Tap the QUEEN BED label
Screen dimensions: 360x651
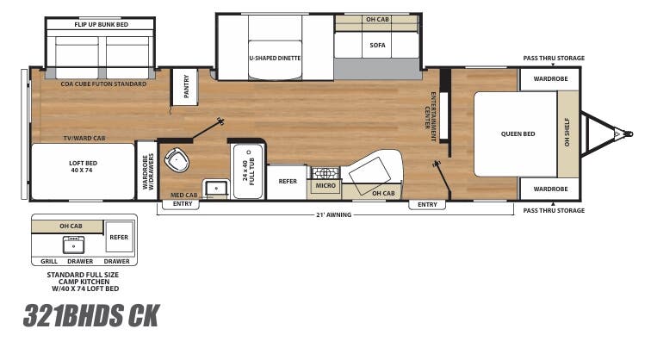[518, 133]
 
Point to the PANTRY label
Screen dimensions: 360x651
[182, 84]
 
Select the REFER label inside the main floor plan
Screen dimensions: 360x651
[287, 182]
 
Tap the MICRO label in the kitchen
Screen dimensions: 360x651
[325, 185]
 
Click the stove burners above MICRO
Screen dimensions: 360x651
[325, 171]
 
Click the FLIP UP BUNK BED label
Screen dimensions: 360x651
[101, 24]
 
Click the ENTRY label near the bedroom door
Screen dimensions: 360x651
[427, 204]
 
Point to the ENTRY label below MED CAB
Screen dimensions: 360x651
[183, 204]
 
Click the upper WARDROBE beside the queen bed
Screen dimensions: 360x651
[537, 78]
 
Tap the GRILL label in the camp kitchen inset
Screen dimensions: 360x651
[49, 261]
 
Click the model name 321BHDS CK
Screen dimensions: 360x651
[91, 316]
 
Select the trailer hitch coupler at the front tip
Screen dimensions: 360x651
[617, 133]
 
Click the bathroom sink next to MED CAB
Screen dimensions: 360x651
[214, 186]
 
